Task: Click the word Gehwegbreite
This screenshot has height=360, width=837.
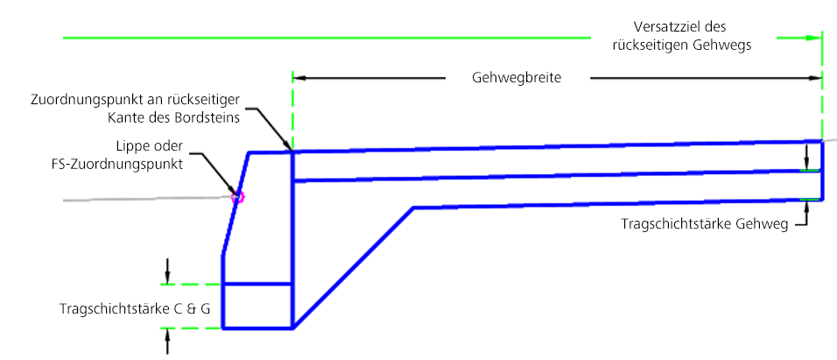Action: tap(517, 78)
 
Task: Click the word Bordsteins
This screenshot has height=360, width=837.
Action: tap(207, 118)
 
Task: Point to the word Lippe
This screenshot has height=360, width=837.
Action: tap(130, 146)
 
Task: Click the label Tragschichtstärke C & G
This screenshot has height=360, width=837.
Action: tap(135, 309)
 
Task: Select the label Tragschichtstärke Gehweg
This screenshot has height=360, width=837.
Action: tap(705, 225)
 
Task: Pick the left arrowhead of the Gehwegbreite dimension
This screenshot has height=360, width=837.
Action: tap(299, 78)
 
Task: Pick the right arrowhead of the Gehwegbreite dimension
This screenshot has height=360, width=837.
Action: tap(815, 78)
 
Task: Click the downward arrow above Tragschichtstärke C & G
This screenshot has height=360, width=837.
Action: tap(167, 272)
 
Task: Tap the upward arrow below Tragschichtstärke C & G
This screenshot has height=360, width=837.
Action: tap(167, 342)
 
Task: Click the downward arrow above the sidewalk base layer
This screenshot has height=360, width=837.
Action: tap(807, 157)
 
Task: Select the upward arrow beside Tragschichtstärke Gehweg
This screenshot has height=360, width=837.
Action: tap(807, 213)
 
